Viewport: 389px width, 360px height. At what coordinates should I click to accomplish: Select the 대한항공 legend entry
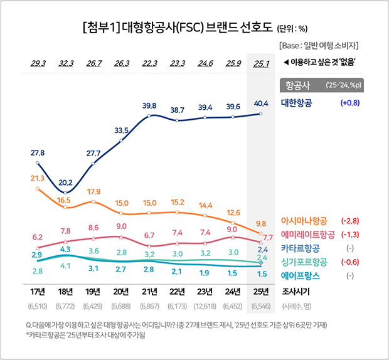(x=301, y=102)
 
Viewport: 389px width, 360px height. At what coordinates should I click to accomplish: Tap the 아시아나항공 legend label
(x=304, y=221)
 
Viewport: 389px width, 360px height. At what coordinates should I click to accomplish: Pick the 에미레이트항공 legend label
(x=307, y=235)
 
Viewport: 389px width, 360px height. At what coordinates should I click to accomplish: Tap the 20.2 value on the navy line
(x=66, y=183)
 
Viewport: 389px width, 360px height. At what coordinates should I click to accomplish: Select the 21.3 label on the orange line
(x=37, y=179)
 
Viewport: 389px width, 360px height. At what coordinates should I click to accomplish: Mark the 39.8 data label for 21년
(x=149, y=105)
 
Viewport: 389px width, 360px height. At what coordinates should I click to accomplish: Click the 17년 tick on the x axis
(x=37, y=291)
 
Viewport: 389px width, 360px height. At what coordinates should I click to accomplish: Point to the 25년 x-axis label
(x=261, y=291)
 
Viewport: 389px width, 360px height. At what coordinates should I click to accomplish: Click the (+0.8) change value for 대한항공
(x=349, y=102)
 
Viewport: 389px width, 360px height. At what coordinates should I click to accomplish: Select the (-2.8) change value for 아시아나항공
(x=349, y=221)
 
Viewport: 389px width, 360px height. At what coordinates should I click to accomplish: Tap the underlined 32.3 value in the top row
(x=66, y=63)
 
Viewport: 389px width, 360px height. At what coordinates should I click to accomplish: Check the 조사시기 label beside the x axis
(x=297, y=291)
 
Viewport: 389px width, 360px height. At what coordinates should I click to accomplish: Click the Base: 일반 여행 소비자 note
(x=319, y=46)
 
